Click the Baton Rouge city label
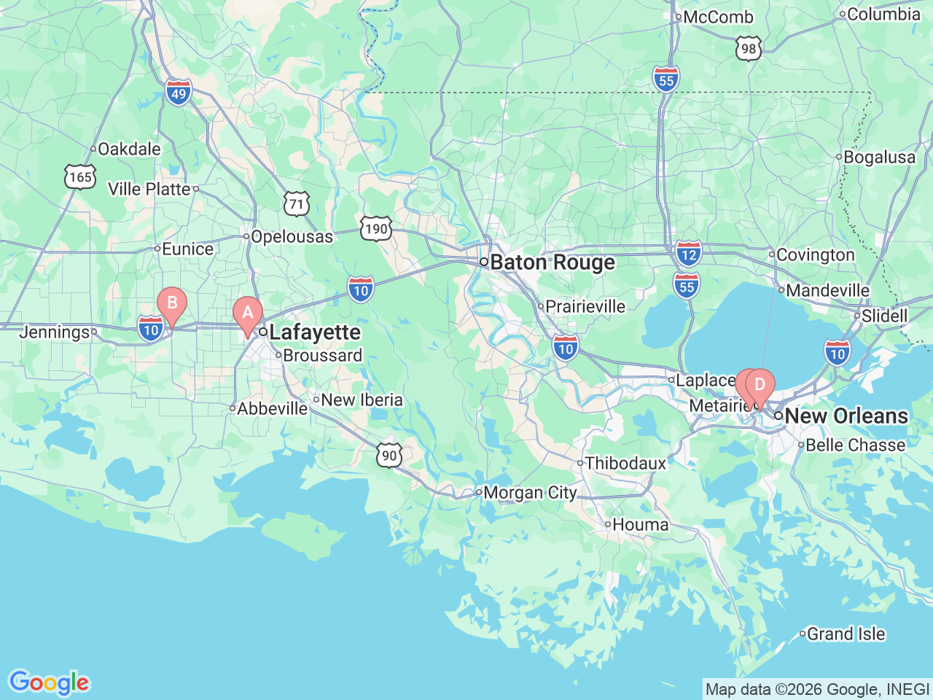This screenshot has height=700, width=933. pyautogui.click(x=552, y=262)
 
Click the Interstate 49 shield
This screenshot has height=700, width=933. pyautogui.click(x=179, y=93)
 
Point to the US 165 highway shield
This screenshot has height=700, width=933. pyautogui.click(x=79, y=176)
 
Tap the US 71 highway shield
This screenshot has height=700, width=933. pyautogui.click(x=297, y=203)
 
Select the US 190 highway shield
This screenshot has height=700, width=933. pyautogui.click(x=376, y=229)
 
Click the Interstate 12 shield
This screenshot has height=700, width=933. pyautogui.click(x=688, y=254)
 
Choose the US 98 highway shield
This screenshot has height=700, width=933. pyautogui.click(x=749, y=49)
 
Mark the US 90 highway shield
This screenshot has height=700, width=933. pyautogui.click(x=390, y=456)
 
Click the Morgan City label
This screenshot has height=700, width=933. pyautogui.click(x=530, y=493)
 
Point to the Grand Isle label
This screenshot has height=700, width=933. pyautogui.click(x=846, y=634)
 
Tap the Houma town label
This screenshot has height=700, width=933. pyautogui.click(x=640, y=524)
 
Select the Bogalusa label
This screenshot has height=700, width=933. pyautogui.click(x=879, y=157)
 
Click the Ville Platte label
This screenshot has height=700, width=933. pyautogui.click(x=149, y=189)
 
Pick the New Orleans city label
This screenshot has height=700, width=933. pyautogui.click(x=846, y=416)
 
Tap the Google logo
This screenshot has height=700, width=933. pyautogui.click(x=49, y=683)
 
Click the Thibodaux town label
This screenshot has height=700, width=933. pyautogui.click(x=625, y=463)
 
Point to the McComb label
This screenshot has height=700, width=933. pyautogui.click(x=718, y=17)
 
